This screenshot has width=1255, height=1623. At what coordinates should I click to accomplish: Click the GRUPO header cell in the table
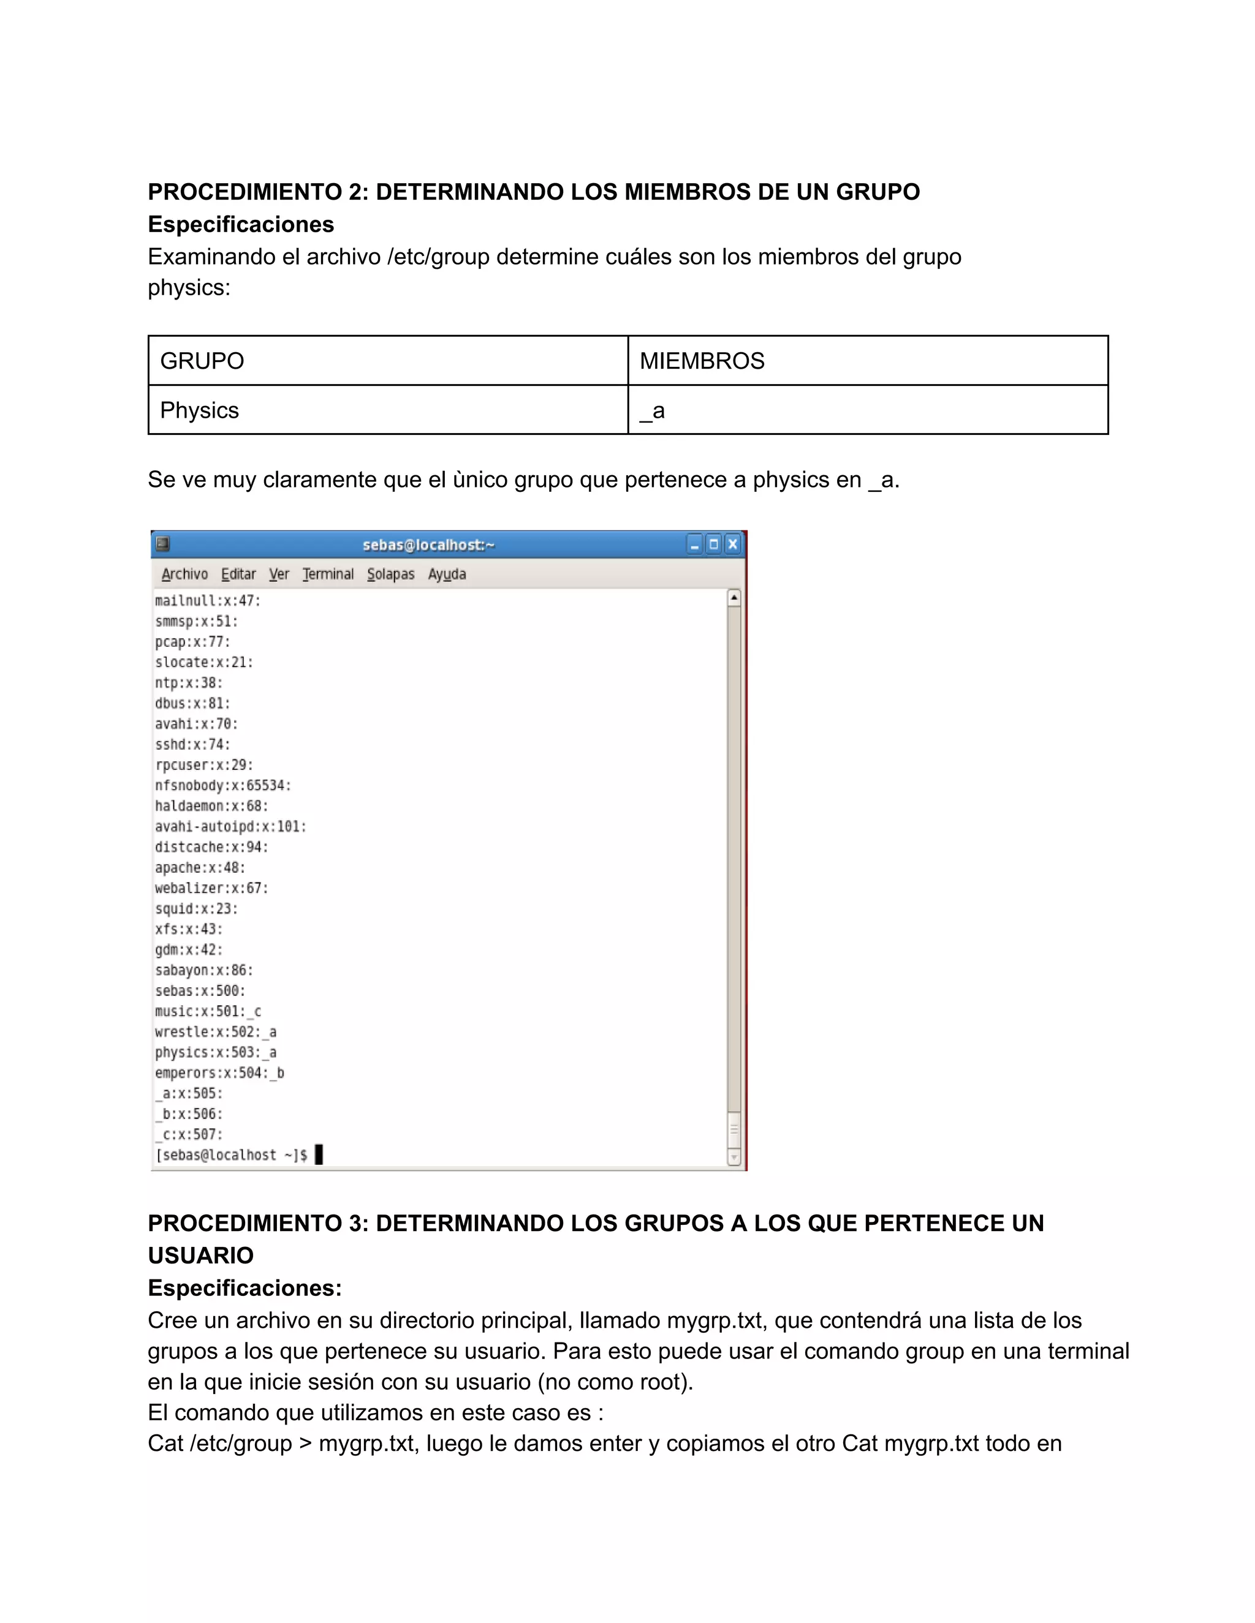tap(388, 361)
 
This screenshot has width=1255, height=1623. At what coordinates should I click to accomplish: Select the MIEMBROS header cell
tap(868, 361)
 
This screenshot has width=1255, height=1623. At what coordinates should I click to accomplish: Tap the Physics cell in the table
tap(388, 410)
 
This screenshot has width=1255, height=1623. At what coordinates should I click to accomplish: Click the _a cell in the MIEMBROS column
tap(868, 410)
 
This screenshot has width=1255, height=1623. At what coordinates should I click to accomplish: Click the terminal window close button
tap(732, 544)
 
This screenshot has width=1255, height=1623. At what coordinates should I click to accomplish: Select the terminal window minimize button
tap(694, 544)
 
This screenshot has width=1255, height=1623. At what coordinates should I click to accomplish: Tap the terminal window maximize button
tap(714, 544)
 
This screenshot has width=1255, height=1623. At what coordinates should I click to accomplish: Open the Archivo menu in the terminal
tap(184, 574)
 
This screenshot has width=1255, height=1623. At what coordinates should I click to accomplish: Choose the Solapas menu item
tap(390, 574)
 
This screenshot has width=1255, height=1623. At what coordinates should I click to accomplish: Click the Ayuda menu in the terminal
tap(447, 574)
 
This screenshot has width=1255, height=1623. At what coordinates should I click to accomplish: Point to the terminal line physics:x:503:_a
tap(216, 1052)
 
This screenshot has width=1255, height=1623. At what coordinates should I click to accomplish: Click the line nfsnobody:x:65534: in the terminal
tap(223, 786)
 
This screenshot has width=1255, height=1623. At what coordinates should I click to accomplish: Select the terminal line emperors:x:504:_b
tap(219, 1073)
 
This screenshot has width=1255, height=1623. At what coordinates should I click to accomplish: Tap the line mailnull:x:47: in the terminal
tap(208, 600)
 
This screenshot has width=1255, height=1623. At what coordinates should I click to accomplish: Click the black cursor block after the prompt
tap(319, 1155)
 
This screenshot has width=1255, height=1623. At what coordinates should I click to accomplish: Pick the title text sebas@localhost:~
tap(428, 544)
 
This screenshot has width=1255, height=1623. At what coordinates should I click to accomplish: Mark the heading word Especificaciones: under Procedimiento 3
tap(245, 1288)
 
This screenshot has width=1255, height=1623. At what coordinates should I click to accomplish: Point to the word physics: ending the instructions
tap(189, 288)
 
